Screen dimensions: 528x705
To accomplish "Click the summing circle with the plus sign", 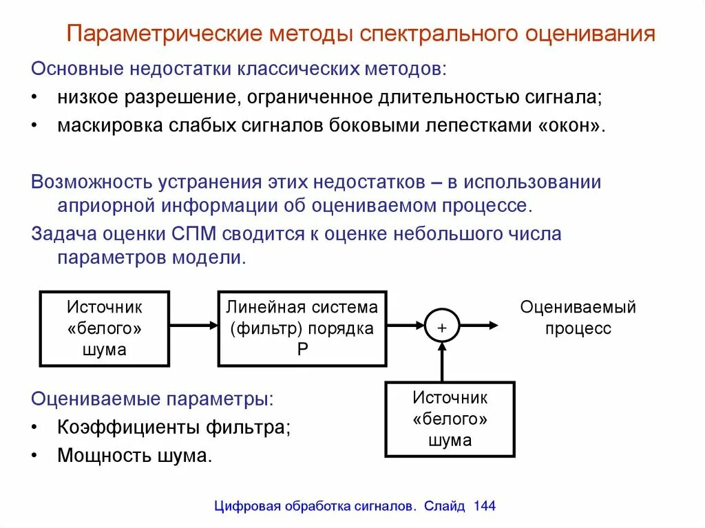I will [441, 326].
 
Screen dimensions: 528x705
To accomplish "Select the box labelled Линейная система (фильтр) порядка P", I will [302, 328].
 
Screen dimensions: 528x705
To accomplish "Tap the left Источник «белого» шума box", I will [105, 328].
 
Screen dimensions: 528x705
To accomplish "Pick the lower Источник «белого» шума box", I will [450, 419].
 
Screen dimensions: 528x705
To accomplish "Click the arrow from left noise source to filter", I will [194, 326].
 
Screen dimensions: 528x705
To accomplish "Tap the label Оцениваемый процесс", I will [578, 317].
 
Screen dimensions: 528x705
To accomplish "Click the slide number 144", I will [485, 506].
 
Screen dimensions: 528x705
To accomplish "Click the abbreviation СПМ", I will [194, 233].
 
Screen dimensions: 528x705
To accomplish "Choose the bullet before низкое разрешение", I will [35, 97].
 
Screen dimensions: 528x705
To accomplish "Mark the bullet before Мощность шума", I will [35, 456].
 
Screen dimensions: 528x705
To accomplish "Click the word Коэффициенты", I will [128, 427].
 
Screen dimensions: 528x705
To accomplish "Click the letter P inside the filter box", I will [302, 348].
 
